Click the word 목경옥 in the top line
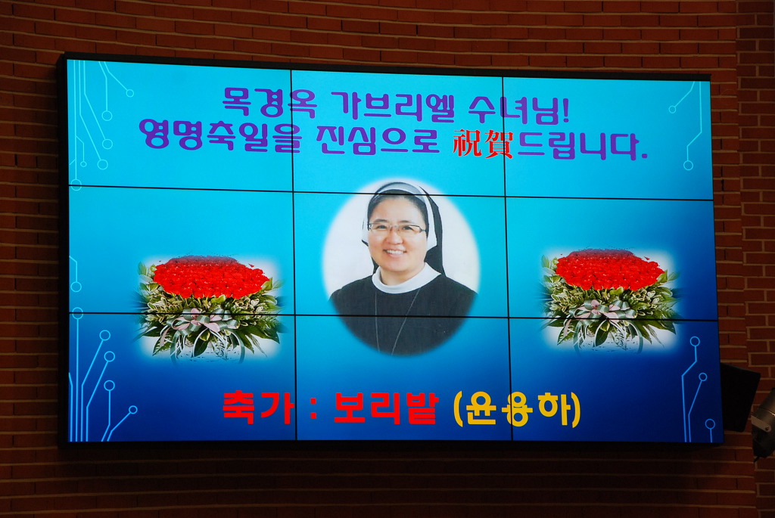(x=269, y=102)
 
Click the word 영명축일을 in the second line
(x=219, y=135)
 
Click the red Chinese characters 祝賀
(x=483, y=143)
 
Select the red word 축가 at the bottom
(x=258, y=408)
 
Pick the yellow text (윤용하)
(x=517, y=409)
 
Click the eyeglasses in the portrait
(x=396, y=228)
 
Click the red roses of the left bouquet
(x=210, y=276)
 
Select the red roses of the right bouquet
(x=608, y=270)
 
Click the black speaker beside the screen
(x=739, y=396)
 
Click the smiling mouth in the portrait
(x=394, y=252)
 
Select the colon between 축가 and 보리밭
(x=313, y=408)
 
